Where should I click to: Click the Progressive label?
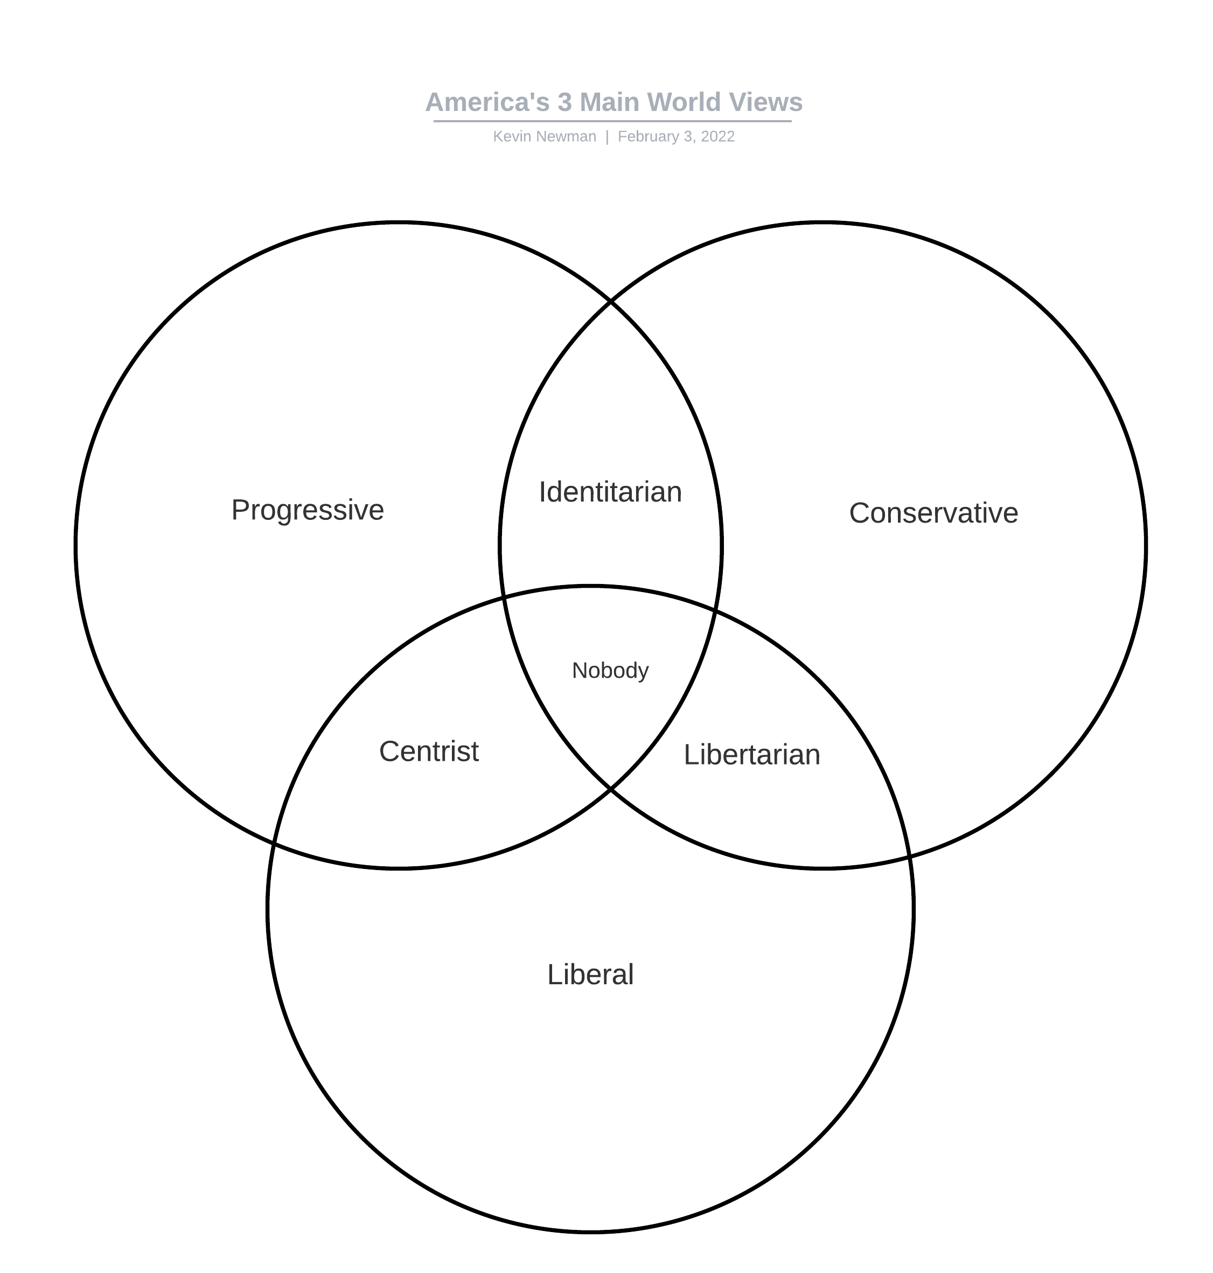[308, 510]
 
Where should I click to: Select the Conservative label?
[933, 513]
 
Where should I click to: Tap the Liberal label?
[590, 975]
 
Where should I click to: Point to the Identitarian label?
[610, 492]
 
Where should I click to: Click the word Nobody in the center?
[610, 671]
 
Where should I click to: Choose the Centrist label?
[429, 752]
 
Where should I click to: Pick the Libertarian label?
[751, 755]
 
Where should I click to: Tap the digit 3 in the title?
[564, 102]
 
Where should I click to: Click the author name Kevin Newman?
[545, 136]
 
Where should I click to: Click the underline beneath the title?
[612, 121]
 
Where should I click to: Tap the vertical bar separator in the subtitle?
[607, 136]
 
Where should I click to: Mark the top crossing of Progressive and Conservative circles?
[610, 301]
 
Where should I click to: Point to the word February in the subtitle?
[647, 136]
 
